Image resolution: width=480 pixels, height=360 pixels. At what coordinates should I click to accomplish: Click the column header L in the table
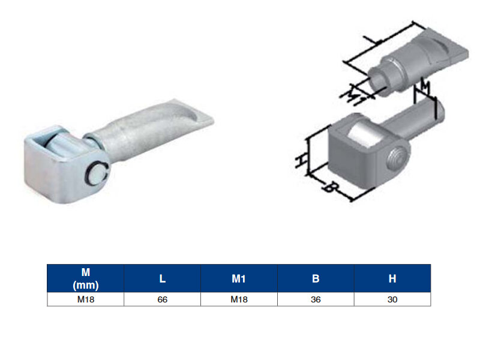pyautogui.click(x=162, y=278)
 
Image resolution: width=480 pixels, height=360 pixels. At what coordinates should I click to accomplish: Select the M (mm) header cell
pyautogui.click(x=86, y=278)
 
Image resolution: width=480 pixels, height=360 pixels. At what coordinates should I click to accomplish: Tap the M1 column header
pyautogui.click(x=239, y=278)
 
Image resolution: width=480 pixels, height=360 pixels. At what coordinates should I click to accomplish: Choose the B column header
pyautogui.click(x=316, y=278)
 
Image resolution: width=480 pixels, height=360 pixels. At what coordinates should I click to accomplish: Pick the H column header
pyautogui.click(x=392, y=278)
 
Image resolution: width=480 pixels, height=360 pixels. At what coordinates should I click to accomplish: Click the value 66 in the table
pyautogui.click(x=162, y=299)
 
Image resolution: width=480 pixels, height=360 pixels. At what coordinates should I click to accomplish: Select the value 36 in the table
pyautogui.click(x=316, y=299)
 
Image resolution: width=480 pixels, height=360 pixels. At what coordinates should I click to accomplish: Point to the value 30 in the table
pyautogui.click(x=392, y=299)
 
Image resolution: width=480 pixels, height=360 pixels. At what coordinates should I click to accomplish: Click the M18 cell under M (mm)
pyautogui.click(x=86, y=299)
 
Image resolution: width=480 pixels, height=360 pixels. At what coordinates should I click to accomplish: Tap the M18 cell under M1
pyautogui.click(x=239, y=299)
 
